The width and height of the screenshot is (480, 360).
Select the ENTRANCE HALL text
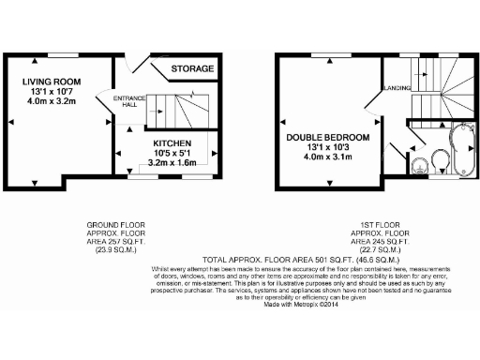126,101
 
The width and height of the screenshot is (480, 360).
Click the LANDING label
392,88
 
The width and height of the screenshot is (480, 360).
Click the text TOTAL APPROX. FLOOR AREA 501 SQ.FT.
239,260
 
